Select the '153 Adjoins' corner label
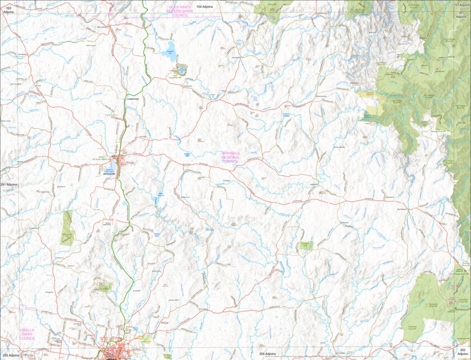coord(461,4)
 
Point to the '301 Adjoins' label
coord(461,15)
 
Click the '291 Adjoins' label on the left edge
coord(9,184)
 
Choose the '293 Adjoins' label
coord(10,355)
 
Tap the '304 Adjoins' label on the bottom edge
coord(267,354)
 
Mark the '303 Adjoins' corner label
coord(462,352)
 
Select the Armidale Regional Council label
coord(230,157)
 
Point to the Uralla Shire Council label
coord(27,334)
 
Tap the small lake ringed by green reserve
coord(181,70)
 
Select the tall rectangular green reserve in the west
coord(67,228)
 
